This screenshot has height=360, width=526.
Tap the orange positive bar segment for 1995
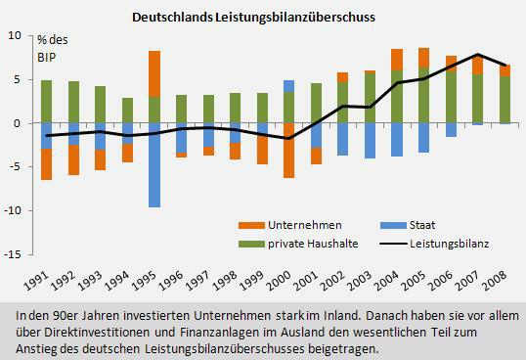pos(154,73)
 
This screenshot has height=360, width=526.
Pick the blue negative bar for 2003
pos(370,141)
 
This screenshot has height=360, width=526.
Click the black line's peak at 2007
pos(477,55)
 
